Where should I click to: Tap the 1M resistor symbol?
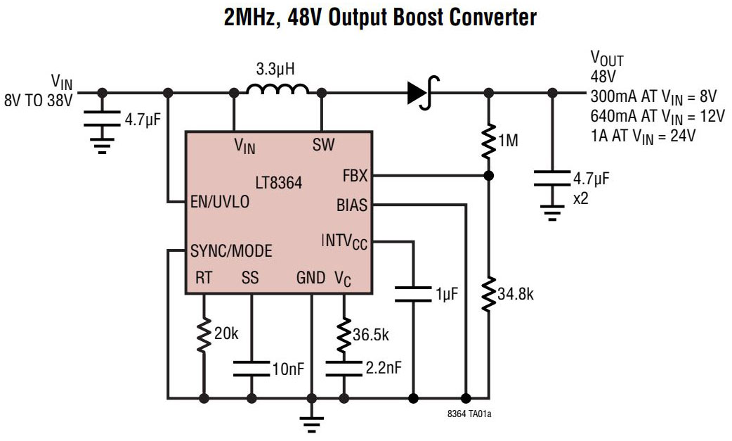488,141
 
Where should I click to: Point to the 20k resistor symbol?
204,335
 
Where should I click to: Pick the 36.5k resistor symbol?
344,335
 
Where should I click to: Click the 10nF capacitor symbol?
251,369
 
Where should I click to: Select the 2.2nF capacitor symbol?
344,369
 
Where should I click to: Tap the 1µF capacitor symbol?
412,294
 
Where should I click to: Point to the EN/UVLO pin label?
219,202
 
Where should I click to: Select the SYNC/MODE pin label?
231,250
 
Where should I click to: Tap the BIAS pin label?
352,205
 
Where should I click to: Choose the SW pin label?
323,145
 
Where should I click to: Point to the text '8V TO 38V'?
38,101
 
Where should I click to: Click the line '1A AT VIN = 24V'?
643,136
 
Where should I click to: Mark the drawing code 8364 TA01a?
469,414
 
